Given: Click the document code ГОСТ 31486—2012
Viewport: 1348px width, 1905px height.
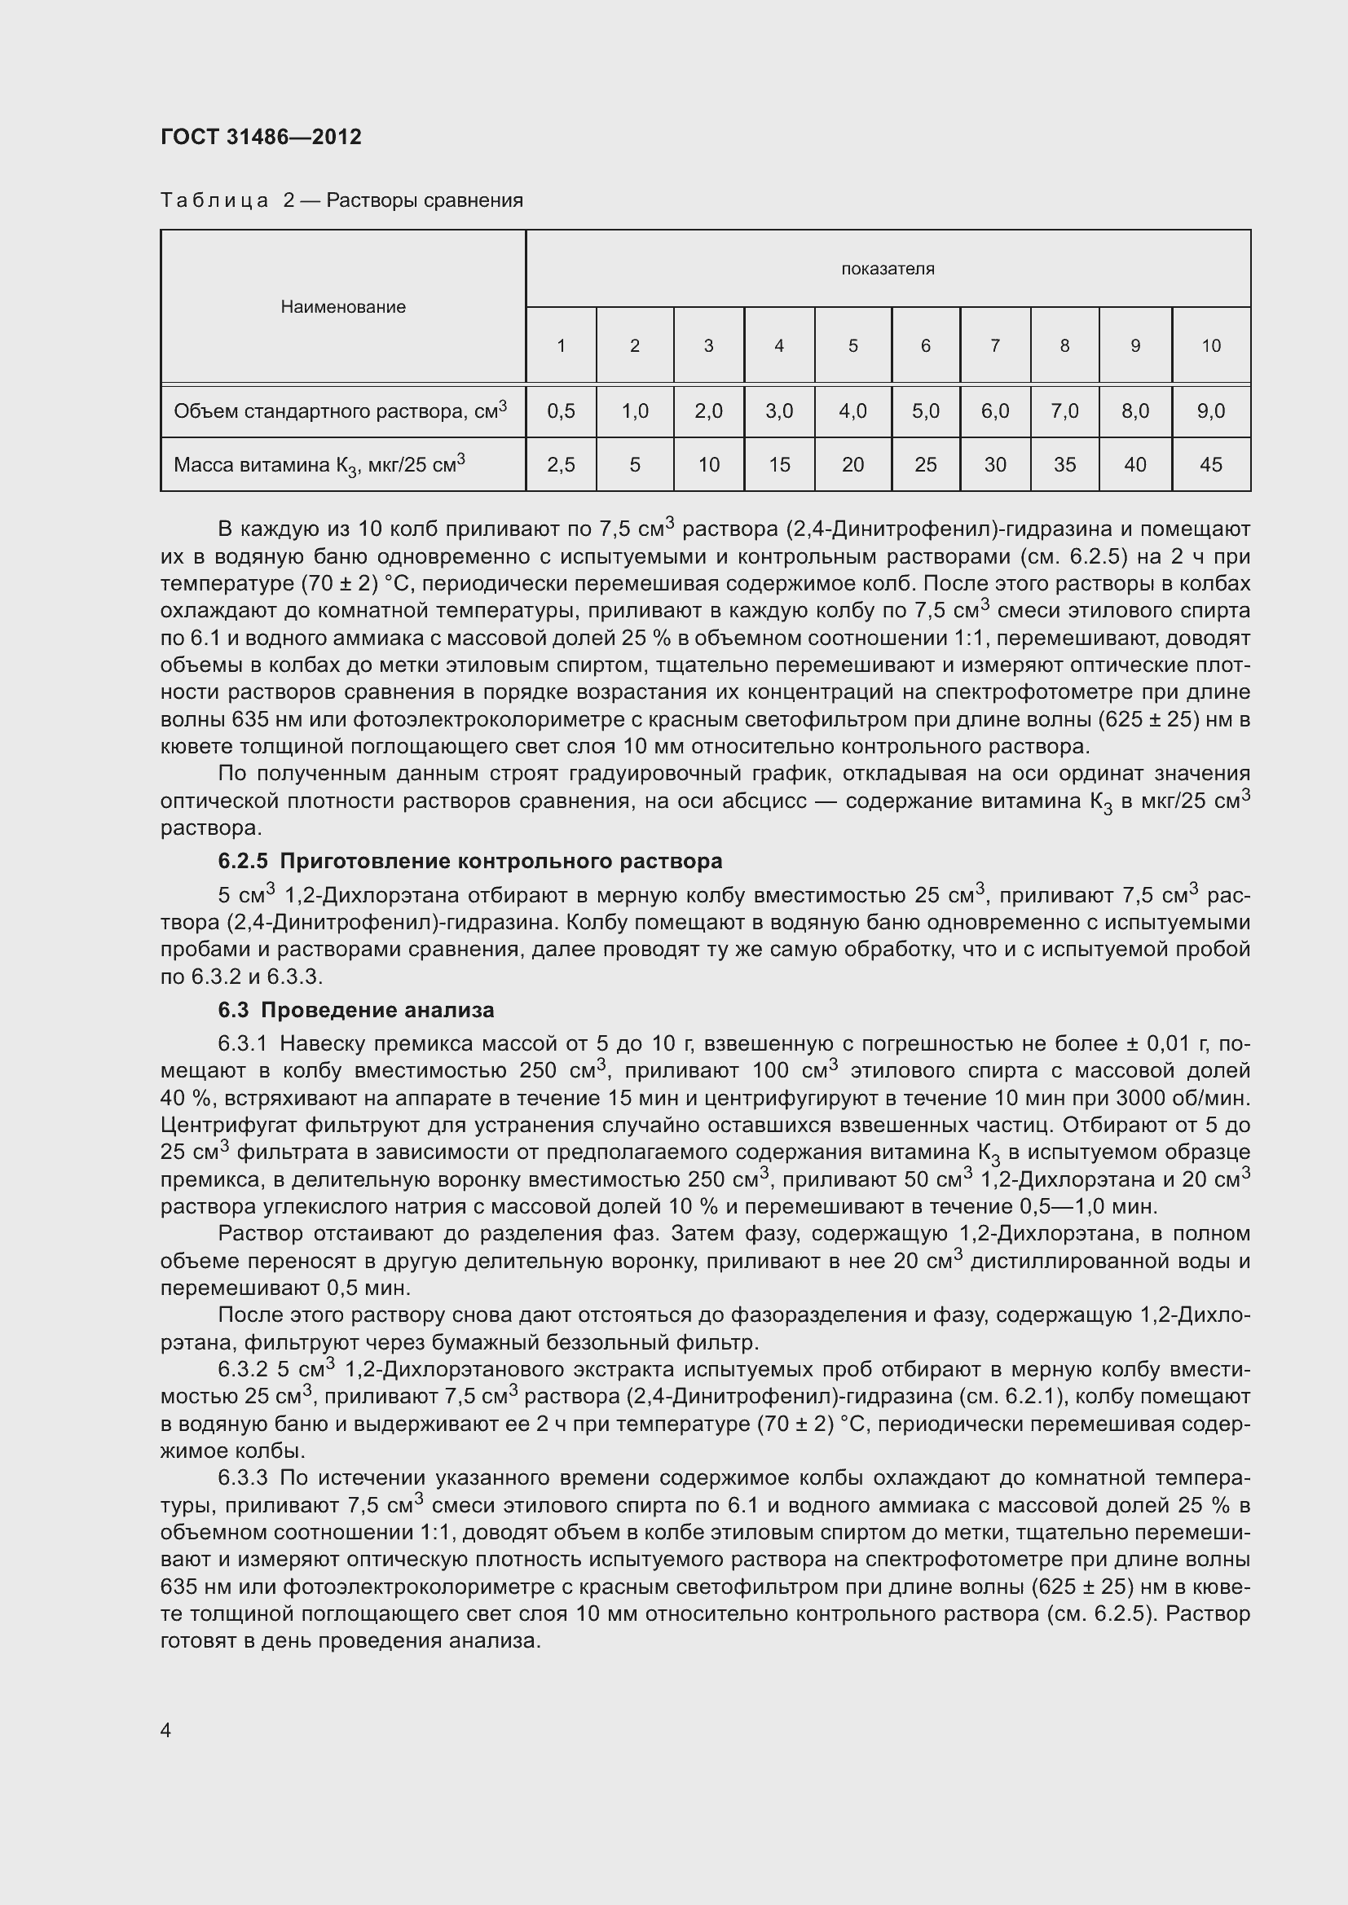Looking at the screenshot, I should coord(261,137).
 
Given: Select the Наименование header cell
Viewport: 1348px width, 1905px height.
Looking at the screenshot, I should coord(343,307).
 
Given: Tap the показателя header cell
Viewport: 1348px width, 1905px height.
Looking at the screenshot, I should coord(888,269).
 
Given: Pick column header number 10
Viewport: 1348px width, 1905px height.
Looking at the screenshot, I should coord(1210,346).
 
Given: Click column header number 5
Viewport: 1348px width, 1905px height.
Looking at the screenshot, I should coord(852,346).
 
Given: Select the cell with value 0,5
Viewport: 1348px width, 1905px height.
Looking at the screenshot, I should coord(561,410).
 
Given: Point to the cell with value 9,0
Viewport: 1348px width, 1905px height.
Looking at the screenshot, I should coord(1210,410).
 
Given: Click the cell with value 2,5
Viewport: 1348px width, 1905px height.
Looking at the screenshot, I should coord(561,464).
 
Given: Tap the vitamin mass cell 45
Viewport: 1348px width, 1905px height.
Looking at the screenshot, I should coord(1210,464).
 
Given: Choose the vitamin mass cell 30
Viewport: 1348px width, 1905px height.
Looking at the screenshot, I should coord(994,464).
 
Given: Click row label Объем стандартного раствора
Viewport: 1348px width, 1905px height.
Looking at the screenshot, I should coord(340,410).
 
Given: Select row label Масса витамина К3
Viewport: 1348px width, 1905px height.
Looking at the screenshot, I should coord(319,464).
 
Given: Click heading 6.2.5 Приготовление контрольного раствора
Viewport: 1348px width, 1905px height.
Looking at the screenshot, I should coord(469,861).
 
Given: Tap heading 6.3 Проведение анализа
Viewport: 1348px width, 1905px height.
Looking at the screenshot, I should coord(356,1010).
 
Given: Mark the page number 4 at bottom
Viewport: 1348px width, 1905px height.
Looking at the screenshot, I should coord(166,1730).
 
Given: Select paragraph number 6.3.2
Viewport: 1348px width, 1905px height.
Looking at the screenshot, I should coord(242,1369).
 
